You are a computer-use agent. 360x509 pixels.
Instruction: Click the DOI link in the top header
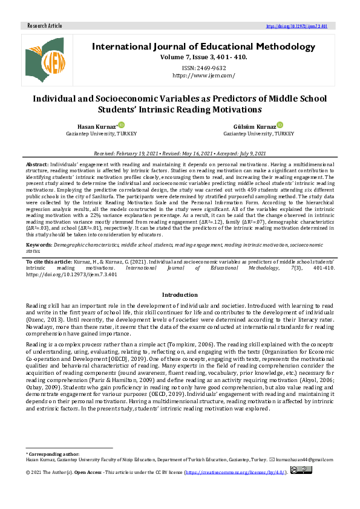click(x=297, y=27)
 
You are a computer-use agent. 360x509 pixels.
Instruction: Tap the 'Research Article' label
click(x=45, y=26)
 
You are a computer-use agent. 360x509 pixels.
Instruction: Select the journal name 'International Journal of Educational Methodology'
click(x=203, y=47)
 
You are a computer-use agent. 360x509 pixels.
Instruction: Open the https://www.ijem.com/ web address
click(x=203, y=76)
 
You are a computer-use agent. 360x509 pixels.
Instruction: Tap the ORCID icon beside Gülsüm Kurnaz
click(x=278, y=124)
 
